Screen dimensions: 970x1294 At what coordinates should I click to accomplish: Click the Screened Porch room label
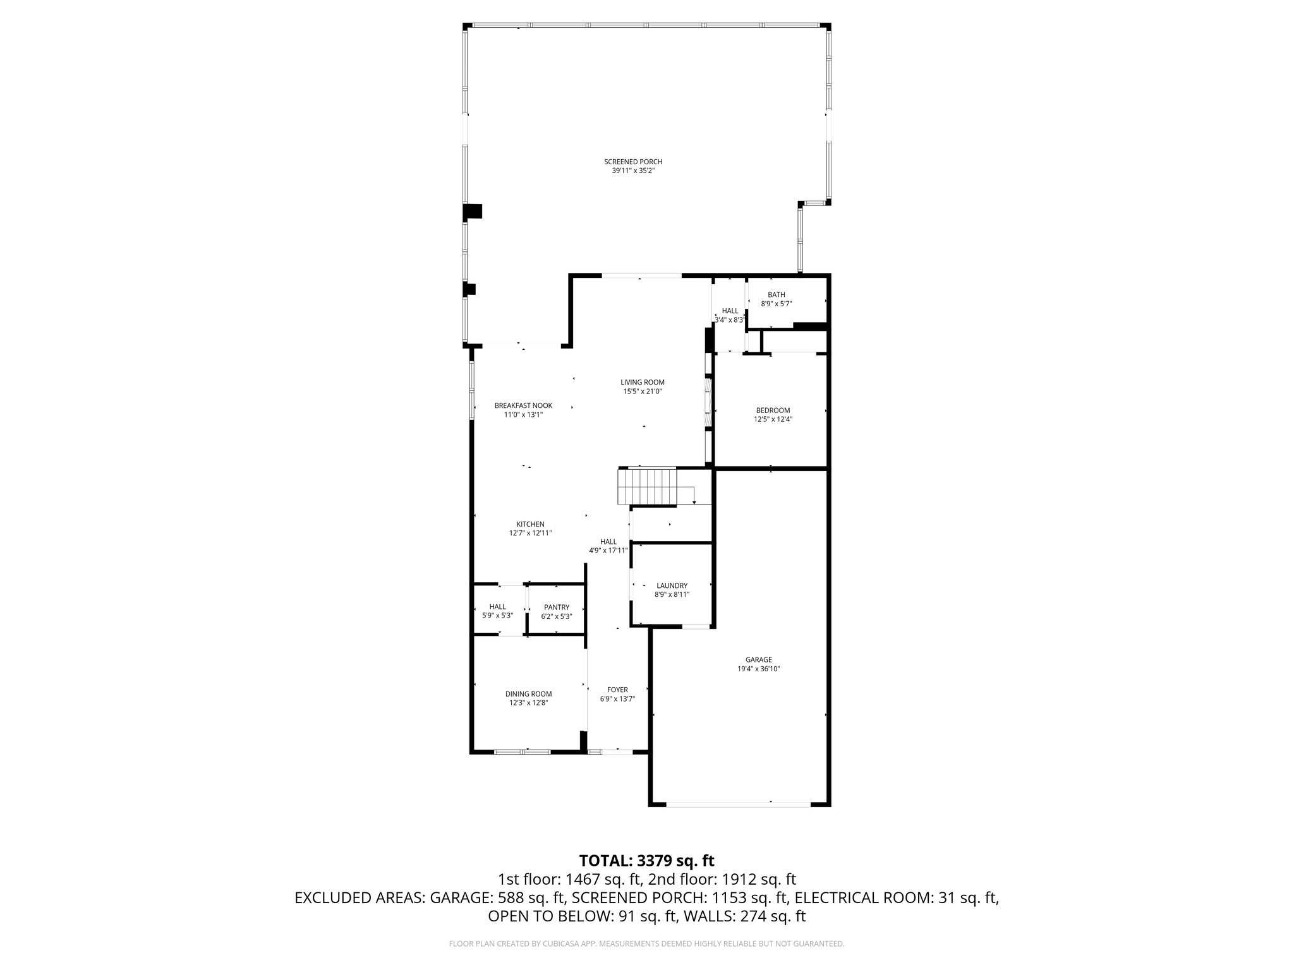coord(633,162)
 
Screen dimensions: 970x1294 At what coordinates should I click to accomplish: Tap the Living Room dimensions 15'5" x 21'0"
coord(642,392)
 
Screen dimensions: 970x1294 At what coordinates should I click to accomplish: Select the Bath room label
coord(776,295)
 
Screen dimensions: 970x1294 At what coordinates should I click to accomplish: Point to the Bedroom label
coord(773,410)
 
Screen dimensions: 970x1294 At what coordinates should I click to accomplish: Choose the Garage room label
coord(758,660)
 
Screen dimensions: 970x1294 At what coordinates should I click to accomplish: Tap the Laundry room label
coord(672,586)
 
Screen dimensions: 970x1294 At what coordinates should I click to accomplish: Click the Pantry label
coord(557,608)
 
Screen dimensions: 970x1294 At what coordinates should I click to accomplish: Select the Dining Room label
coord(528,694)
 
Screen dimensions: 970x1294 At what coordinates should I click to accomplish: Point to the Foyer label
coord(617,690)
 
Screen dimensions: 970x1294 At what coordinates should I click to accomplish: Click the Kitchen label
coord(530,524)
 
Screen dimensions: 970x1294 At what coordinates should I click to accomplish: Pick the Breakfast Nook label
coord(523,405)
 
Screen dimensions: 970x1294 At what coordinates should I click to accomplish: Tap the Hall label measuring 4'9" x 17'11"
coord(608,542)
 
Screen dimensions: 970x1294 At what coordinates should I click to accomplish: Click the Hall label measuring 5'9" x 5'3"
coord(497,607)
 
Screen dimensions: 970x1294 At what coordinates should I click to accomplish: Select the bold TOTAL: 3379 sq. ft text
coord(646,861)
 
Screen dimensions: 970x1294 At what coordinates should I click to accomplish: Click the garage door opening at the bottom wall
coord(738,805)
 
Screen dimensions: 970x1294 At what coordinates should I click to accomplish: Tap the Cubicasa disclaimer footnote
coord(646,943)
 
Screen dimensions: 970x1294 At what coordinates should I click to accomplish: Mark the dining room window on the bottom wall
coord(522,752)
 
